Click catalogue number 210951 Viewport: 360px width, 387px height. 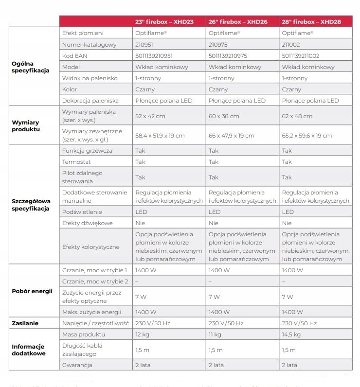pos(144,45)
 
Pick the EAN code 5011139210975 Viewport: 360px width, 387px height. pos(228,56)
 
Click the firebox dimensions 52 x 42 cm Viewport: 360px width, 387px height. pos(150,116)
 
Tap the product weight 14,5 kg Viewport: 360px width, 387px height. pos(291,334)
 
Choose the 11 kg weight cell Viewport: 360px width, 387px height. pos(215,334)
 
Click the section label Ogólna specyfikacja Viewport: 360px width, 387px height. pos(30,67)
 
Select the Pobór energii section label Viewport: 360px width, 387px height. pos(32,291)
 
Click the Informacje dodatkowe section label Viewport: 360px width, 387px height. pos(29,350)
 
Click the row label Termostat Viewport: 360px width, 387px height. pos(77,161)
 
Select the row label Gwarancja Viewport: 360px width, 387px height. pos(78,365)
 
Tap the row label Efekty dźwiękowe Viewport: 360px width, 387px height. pos(88,223)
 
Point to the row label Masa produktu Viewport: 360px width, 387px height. pos(84,334)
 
